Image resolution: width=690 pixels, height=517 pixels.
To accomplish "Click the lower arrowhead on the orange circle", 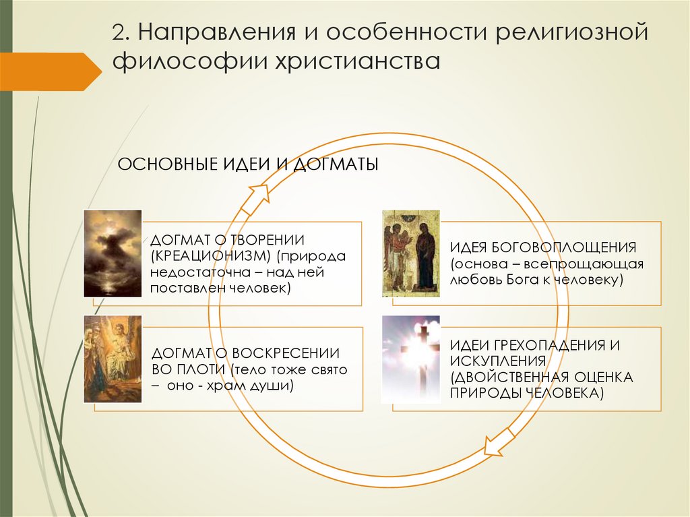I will coord(495,446).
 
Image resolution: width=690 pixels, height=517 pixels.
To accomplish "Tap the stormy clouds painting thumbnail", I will coord(113,253).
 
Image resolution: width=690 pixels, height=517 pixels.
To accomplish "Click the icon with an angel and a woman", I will coord(410,253).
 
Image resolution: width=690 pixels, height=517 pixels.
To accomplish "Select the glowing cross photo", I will coord(410,359).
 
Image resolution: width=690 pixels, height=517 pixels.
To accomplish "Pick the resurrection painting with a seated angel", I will coord(113,359).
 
